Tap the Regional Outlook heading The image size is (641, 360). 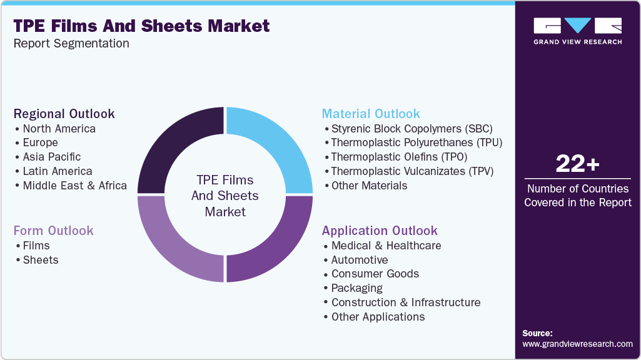[64, 114]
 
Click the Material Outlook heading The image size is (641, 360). [371, 114]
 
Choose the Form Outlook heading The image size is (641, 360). [53, 231]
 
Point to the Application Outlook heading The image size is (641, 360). [380, 231]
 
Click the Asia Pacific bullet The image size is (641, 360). [51, 157]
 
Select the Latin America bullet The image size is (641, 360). [57, 171]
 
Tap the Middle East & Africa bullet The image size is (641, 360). [74, 186]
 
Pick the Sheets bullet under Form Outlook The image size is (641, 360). [40, 260]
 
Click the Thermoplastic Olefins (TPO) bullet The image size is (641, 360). [399, 157]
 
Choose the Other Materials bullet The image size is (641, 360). [369, 186]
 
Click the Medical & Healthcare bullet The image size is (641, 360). [386, 246]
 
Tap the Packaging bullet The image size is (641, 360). [356, 288]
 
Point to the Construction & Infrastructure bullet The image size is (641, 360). [405, 302]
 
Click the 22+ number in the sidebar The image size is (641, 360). [577, 164]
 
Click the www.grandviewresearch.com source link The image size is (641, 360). [577, 344]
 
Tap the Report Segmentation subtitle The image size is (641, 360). [71, 44]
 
